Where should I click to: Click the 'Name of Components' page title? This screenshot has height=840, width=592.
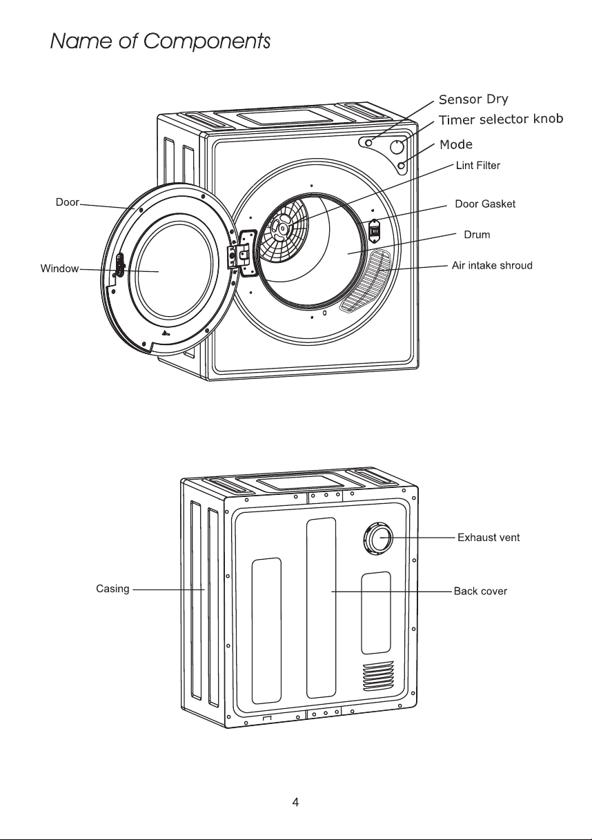(x=160, y=41)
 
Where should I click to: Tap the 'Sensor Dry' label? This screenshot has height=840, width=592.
(x=473, y=99)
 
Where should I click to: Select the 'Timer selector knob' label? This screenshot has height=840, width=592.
(x=501, y=119)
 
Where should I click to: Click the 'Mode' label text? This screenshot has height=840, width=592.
(x=456, y=144)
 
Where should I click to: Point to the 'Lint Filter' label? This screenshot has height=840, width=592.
(x=478, y=166)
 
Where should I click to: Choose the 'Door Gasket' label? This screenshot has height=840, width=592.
(x=485, y=204)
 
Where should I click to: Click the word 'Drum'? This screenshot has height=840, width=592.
(x=477, y=235)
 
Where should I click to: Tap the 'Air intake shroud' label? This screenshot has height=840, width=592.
(x=492, y=266)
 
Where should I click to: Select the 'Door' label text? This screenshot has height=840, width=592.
(x=68, y=202)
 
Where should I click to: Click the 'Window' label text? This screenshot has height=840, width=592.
(x=59, y=268)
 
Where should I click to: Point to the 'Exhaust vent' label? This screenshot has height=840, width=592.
(x=489, y=538)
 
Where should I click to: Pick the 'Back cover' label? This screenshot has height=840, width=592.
(x=480, y=592)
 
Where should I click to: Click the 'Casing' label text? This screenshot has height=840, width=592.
(x=112, y=589)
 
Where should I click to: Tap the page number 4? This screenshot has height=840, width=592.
(x=295, y=802)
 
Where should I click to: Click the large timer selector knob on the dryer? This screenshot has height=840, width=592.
(x=397, y=147)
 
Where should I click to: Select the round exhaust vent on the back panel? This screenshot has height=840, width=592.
(x=378, y=539)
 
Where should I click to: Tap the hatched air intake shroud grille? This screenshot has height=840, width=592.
(x=364, y=280)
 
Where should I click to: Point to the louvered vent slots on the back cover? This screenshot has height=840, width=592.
(x=378, y=676)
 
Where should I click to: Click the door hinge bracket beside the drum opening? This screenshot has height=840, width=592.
(x=242, y=252)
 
